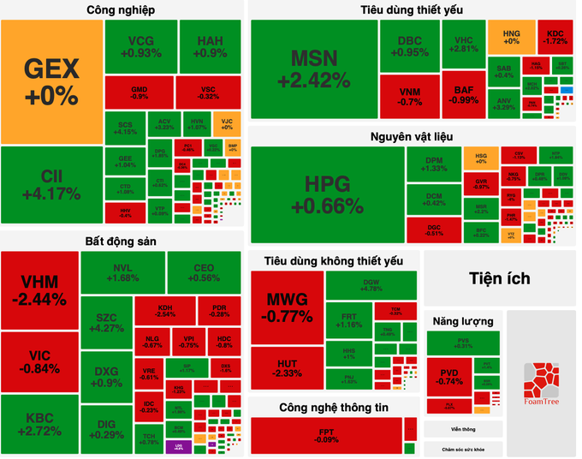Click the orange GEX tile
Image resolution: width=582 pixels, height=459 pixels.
pos(51,81)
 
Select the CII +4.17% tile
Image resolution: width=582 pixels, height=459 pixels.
pos(51,184)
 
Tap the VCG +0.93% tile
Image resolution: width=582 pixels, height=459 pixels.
pos(141,46)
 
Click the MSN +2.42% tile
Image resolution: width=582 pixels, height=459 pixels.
pos(314,69)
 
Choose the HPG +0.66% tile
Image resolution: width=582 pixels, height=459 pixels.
pos(327,194)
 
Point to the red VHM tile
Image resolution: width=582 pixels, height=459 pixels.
pos(39,289)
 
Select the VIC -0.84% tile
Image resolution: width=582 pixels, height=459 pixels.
pos(39,361)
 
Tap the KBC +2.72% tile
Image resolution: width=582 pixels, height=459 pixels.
pos(39,424)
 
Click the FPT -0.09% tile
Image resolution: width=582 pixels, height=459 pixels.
pos(326,435)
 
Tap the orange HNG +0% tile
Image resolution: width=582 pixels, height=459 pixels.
pos(511,36)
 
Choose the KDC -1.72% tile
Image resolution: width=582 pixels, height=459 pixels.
pos(555,36)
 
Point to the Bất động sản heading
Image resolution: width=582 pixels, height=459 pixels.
pos(120,241)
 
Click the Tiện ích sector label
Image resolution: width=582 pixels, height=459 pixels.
pos(499,278)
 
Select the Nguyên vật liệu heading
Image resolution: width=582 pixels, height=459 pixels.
pos(412,136)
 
